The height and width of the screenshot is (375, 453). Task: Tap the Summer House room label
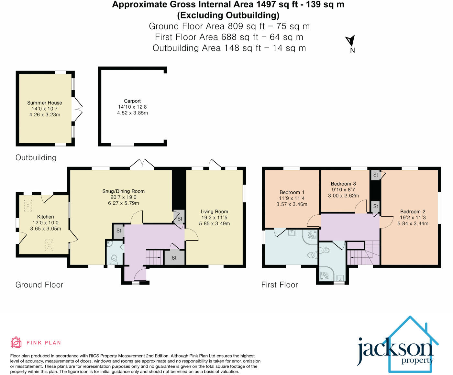pyautogui.click(x=45, y=102)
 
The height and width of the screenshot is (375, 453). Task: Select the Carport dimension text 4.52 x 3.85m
pyautogui.click(x=132, y=113)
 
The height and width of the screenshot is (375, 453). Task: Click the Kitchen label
pyautogui.click(x=46, y=217)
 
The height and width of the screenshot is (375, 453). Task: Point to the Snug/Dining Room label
pyautogui.click(x=123, y=191)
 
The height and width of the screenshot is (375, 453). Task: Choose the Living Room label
pyautogui.click(x=214, y=211)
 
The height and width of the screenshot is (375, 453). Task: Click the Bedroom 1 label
pyautogui.click(x=292, y=192)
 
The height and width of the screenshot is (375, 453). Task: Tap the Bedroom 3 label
pyautogui.click(x=343, y=184)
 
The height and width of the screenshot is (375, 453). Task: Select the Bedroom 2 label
pyautogui.click(x=413, y=211)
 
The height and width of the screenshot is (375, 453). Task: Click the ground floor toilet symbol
pyautogui.click(x=114, y=258)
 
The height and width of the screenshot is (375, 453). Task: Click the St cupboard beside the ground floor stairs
pyautogui.click(x=174, y=258)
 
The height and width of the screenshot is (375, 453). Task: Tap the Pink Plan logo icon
pyautogui.click(x=16, y=342)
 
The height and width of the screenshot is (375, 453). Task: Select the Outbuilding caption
pyautogui.click(x=36, y=157)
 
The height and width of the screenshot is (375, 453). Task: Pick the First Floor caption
pyautogui.click(x=280, y=285)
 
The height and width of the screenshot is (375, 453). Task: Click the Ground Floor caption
pyautogui.click(x=39, y=285)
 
